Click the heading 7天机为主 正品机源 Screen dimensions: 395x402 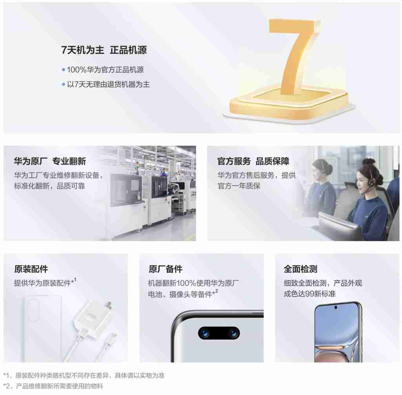tap(104, 50)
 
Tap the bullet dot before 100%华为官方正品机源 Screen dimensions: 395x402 tap(63, 70)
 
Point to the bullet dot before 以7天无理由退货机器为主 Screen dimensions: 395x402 tap(63, 84)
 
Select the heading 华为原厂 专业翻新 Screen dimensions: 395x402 tap(50, 161)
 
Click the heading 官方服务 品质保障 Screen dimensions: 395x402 tap(253, 161)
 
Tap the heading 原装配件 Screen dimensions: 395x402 tap(31, 269)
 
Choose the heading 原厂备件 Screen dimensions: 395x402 tap(166, 269)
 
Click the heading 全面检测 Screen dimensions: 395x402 tap(300, 269)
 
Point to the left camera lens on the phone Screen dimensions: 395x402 tap(205, 333)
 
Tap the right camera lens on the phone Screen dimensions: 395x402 tap(233, 333)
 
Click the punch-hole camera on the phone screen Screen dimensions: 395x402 tap(336, 307)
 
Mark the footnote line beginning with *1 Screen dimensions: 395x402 tap(84, 375)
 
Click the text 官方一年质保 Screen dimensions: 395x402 tap(239, 186)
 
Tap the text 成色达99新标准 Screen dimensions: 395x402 tap(310, 293)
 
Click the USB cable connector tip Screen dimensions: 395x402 tap(113, 336)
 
